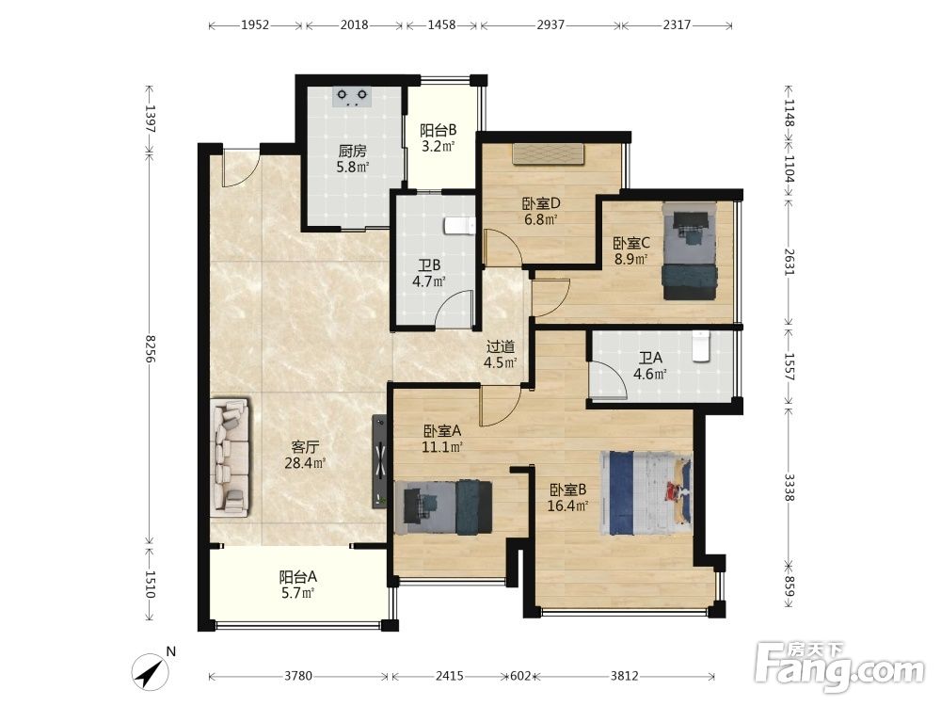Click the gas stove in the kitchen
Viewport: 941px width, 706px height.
[x=352, y=97]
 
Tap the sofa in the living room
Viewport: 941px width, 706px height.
[x=231, y=457]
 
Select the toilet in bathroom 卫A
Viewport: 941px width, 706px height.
[x=700, y=347]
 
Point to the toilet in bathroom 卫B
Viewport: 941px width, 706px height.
[x=460, y=225]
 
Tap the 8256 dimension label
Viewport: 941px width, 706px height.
[x=150, y=348]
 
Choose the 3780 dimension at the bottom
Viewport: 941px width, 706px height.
[x=298, y=676]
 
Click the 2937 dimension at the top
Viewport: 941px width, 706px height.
[x=550, y=25]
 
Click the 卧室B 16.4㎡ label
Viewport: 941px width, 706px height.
[x=567, y=498]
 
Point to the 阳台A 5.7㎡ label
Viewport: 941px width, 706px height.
[x=297, y=586]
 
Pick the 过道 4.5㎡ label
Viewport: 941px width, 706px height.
[x=502, y=354]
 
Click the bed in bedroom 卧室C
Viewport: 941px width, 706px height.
[x=690, y=251]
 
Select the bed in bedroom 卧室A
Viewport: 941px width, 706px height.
[x=443, y=507]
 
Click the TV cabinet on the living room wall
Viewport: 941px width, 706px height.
[x=379, y=461]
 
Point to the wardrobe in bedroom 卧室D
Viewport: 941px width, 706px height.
[x=549, y=153]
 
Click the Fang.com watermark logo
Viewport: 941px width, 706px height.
[x=839, y=666]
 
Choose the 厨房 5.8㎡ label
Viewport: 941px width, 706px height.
[x=352, y=158]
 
